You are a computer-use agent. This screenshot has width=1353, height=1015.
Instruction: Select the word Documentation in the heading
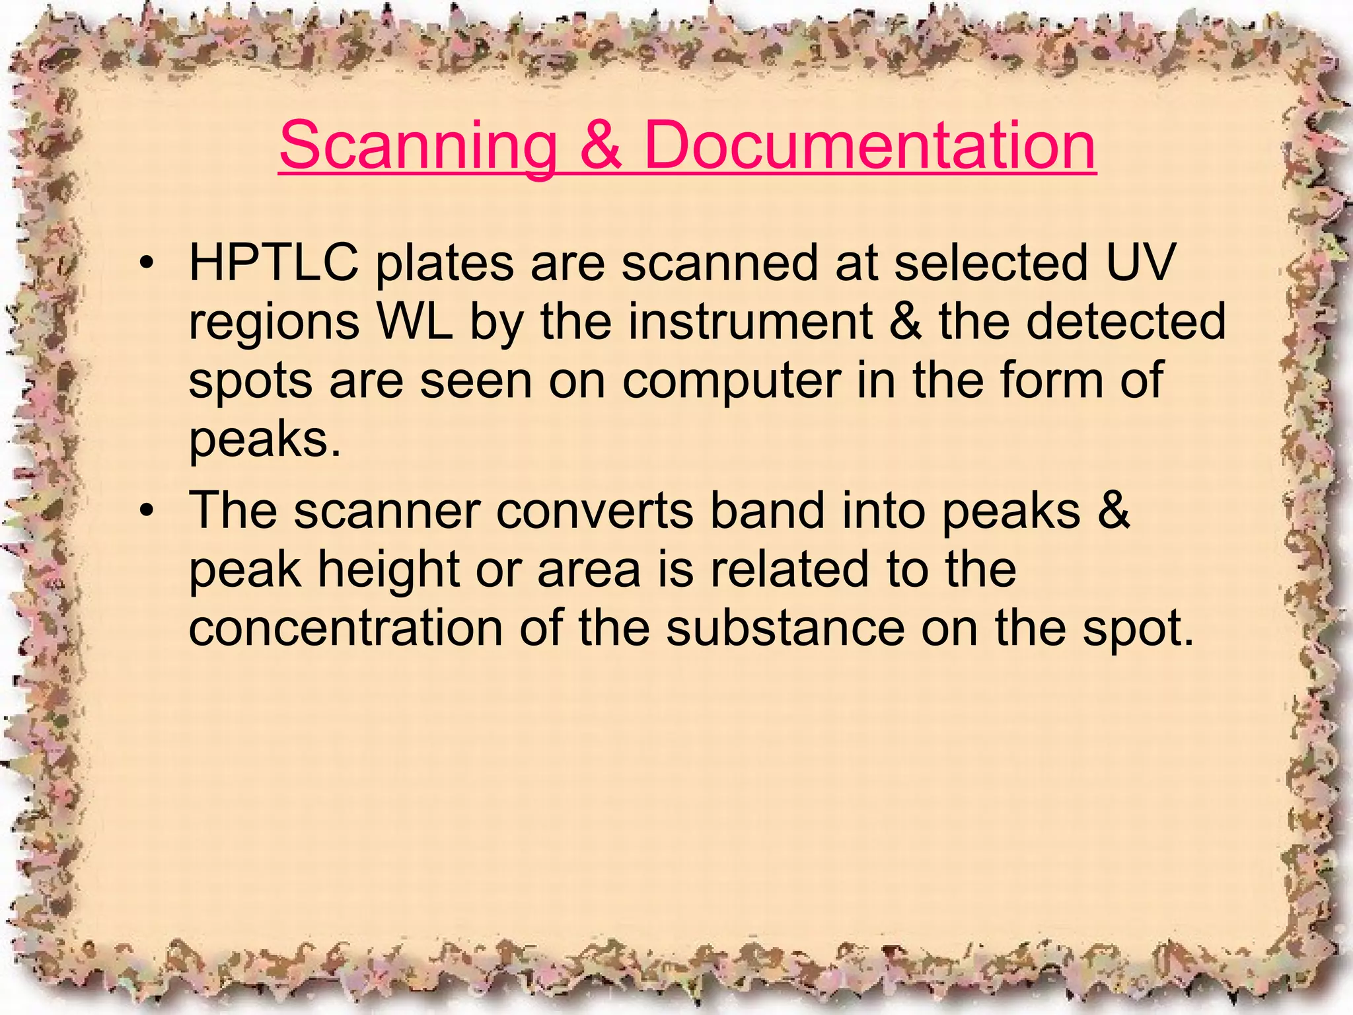[869, 145]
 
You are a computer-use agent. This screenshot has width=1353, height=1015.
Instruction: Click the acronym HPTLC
[274, 263]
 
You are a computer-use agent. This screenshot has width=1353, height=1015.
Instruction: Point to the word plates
[445, 264]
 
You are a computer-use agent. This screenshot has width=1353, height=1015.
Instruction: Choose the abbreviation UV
[1140, 263]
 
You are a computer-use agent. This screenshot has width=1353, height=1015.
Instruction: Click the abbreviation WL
[415, 322]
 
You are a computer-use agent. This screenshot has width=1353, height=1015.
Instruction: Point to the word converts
[595, 511]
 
